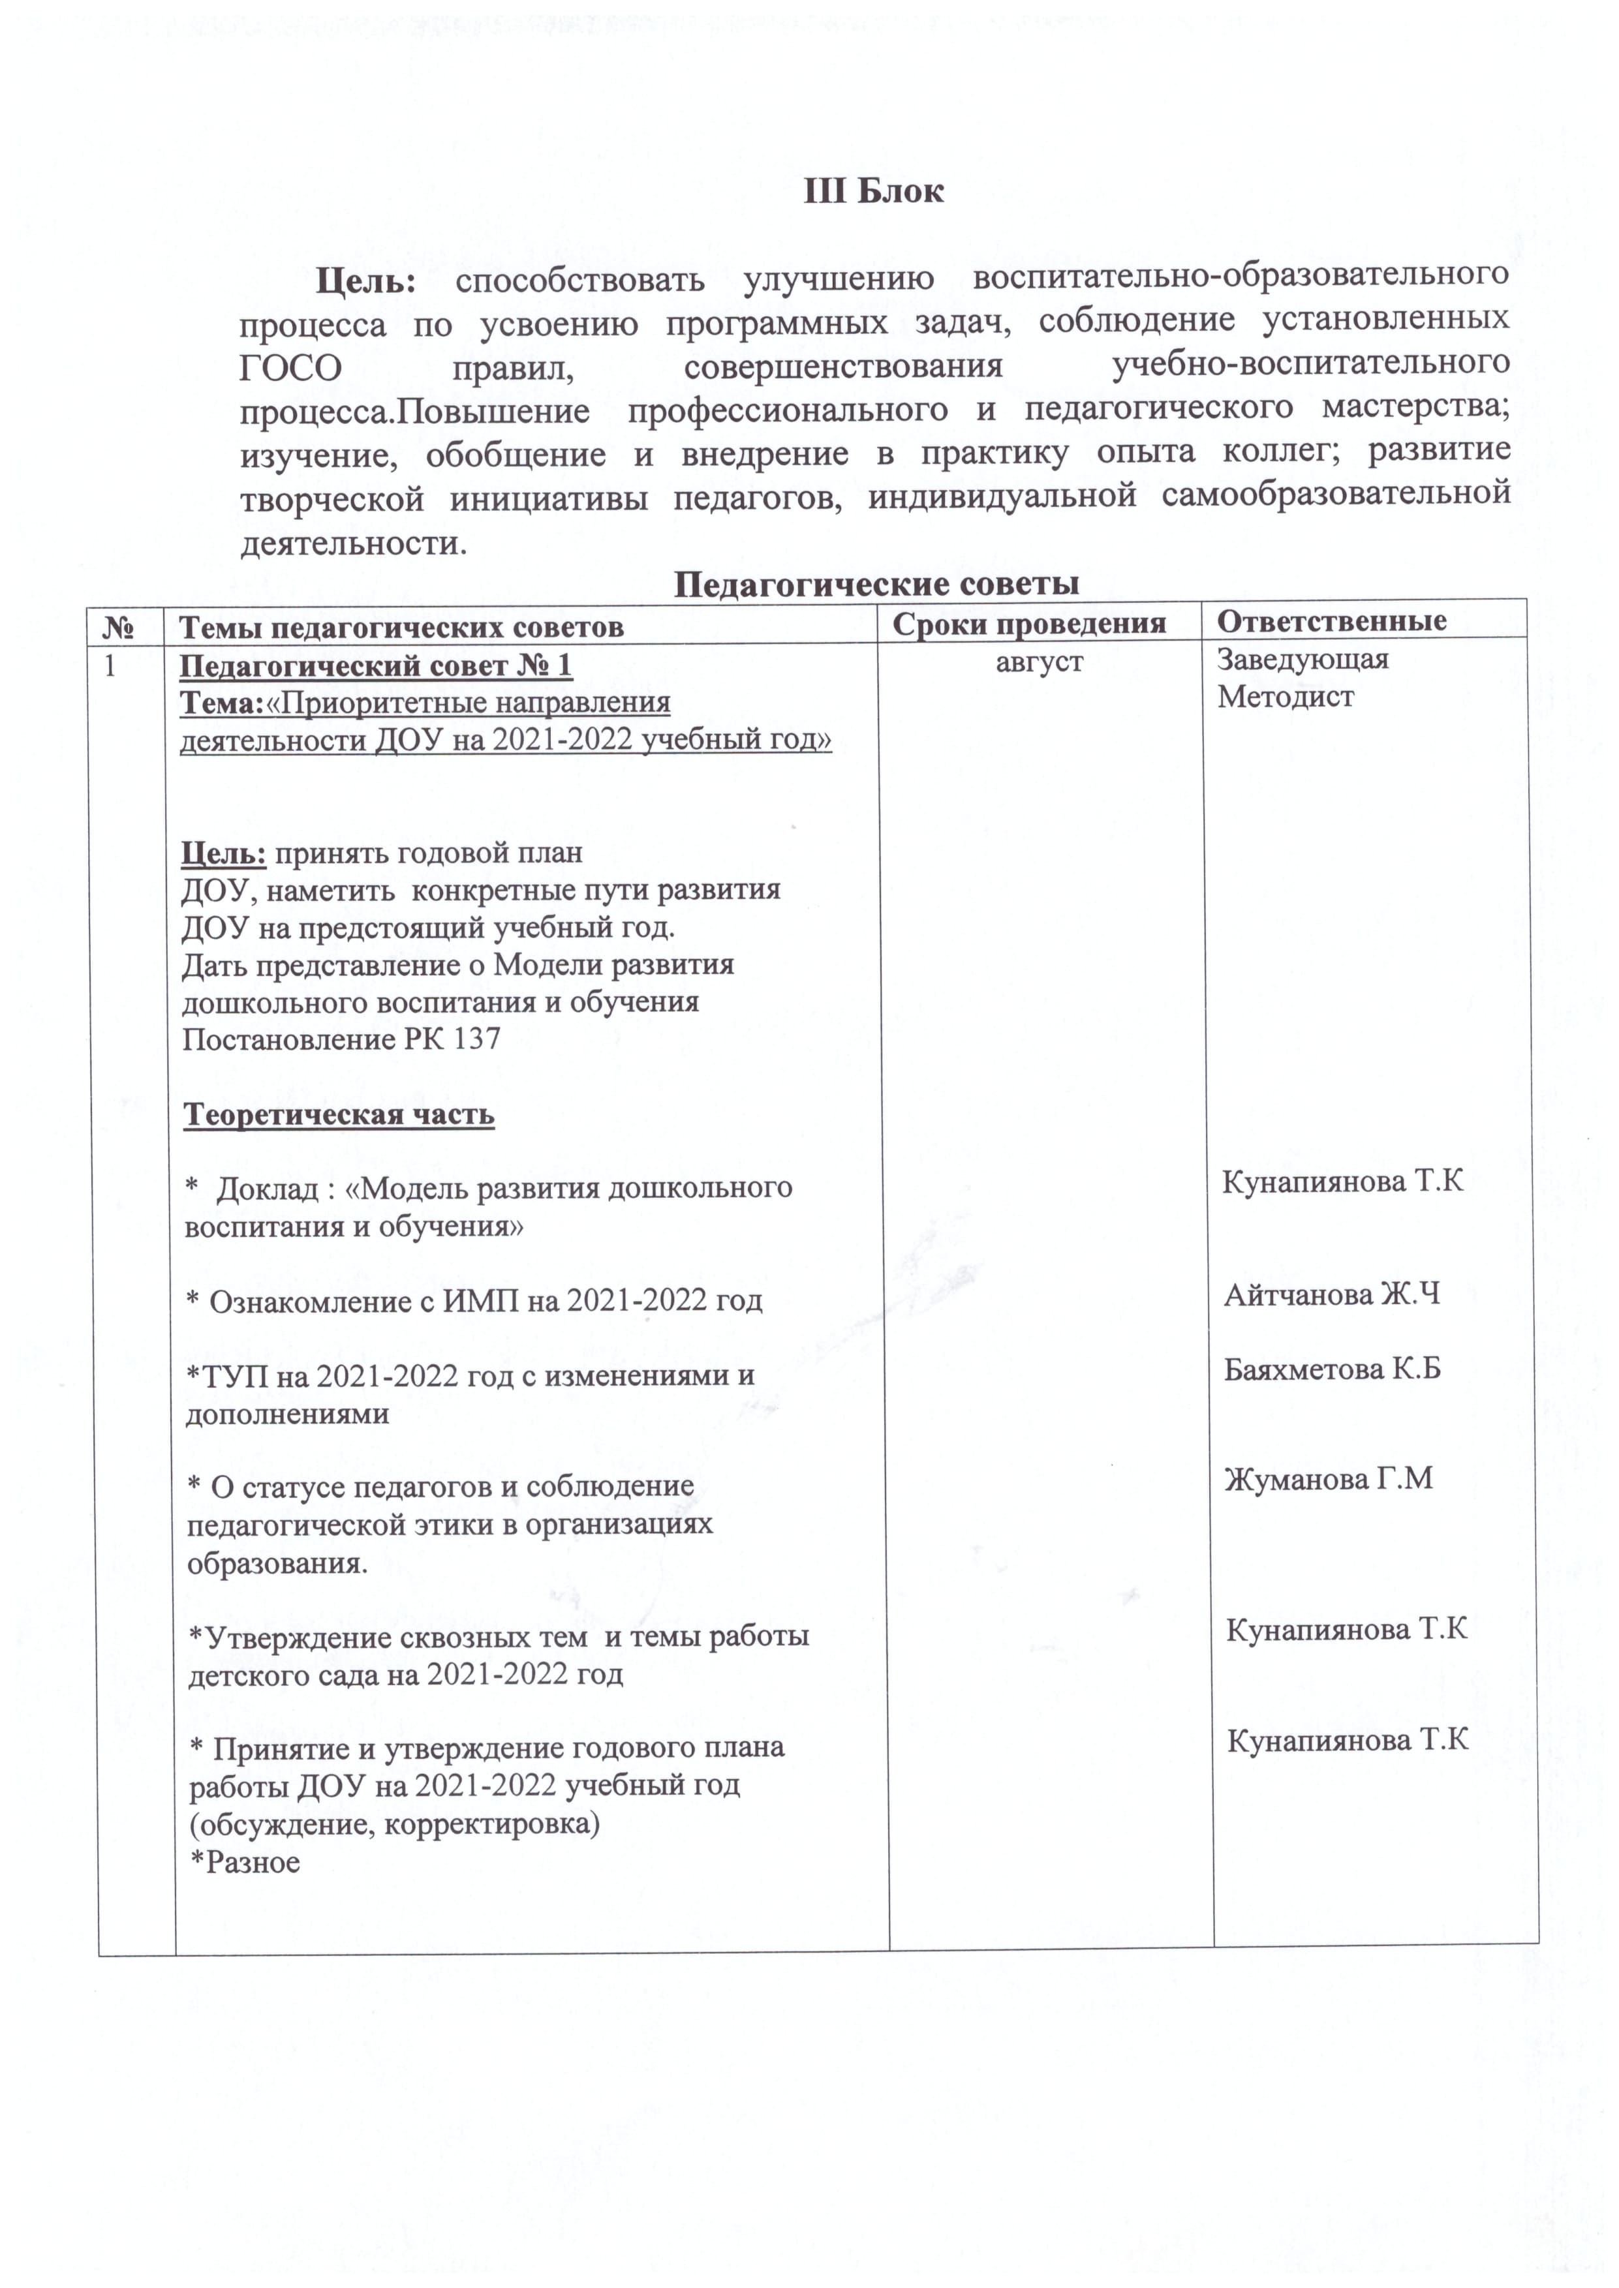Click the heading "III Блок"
(873, 191)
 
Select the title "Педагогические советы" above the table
(876, 583)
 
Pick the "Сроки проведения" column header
(1029, 624)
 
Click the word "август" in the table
(1039, 661)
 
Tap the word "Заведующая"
(1303, 659)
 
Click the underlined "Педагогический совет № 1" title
(376, 665)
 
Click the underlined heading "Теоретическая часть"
(339, 1114)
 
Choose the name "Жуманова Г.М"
(1329, 1479)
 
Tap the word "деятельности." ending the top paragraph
(353, 544)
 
